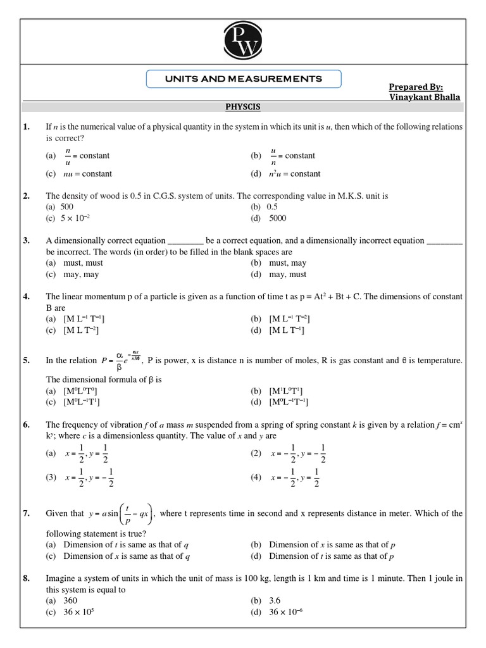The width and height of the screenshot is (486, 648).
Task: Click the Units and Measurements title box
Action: pyautogui.click(x=244, y=79)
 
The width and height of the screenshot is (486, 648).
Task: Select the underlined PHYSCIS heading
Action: pyautogui.click(x=243, y=107)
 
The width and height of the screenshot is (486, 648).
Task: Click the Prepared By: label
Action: pyautogui.click(x=416, y=86)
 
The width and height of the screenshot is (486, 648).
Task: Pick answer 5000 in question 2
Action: pyautogui.click(x=277, y=218)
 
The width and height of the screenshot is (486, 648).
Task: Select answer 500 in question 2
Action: pyautogui.click(x=67, y=207)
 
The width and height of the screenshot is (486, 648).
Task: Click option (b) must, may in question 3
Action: pyautogui.click(x=287, y=263)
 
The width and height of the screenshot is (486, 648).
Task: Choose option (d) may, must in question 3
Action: pyautogui.click(x=287, y=275)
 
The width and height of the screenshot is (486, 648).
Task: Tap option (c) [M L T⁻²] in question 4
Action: pyautogui.click(x=81, y=330)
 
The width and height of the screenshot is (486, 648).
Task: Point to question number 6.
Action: pyautogui.click(x=27, y=425)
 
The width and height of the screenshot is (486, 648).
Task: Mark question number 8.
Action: pyautogui.click(x=27, y=578)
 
